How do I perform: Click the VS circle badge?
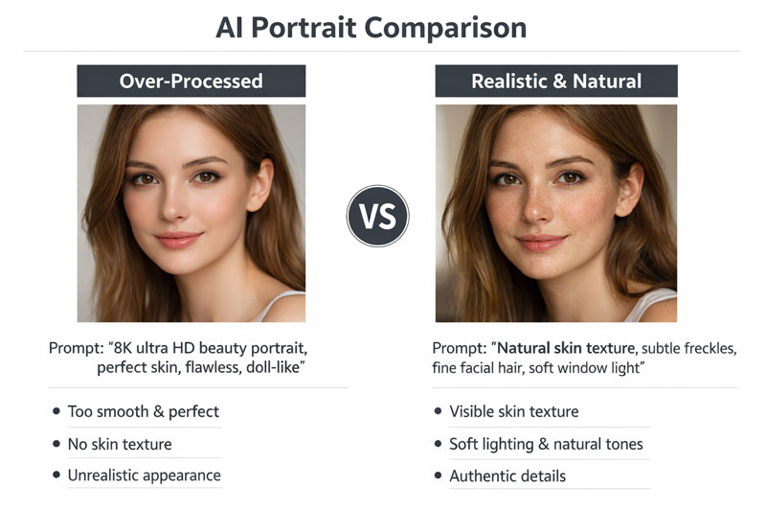(x=377, y=216)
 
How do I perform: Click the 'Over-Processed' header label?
(x=191, y=81)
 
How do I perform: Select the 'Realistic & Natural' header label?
(x=555, y=81)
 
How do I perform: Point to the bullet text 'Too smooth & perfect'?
(x=143, y=412)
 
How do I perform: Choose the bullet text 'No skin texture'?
(x=120, y=444)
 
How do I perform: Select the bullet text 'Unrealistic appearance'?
(x=144, y=476)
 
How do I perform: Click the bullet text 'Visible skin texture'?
(x=513, y=412)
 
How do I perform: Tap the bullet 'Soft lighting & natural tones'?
(x=546, y=444)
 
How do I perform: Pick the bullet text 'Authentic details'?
(x=507, y=476)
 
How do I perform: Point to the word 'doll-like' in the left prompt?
(x=281, y=367)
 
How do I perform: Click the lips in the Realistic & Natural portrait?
(x=542, y=243)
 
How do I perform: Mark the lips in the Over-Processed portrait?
(x=179, y=240)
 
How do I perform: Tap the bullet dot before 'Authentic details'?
(x=436, y=476)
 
